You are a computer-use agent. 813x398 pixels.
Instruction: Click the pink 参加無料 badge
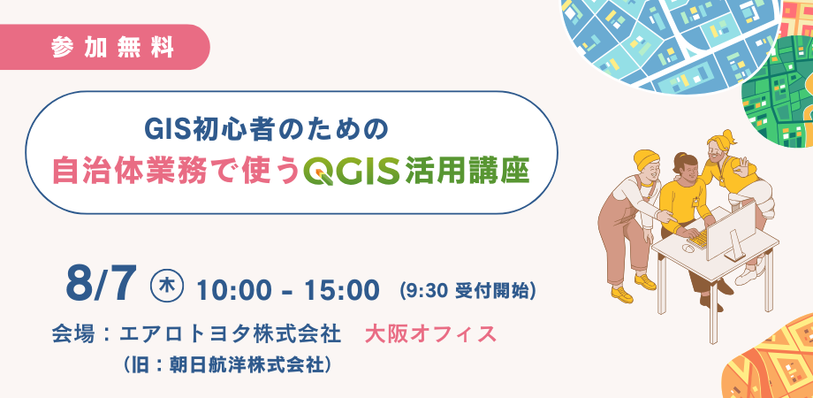103,47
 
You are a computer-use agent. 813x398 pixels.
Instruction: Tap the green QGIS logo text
352,172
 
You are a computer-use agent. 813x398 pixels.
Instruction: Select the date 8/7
101,284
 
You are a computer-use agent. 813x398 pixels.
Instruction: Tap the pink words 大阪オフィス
430,334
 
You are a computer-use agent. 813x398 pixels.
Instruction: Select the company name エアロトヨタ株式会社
231,334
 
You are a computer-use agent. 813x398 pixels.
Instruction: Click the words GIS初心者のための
267,130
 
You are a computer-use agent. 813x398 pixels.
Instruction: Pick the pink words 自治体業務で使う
176,172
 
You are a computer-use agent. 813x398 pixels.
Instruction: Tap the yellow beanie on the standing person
645,160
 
